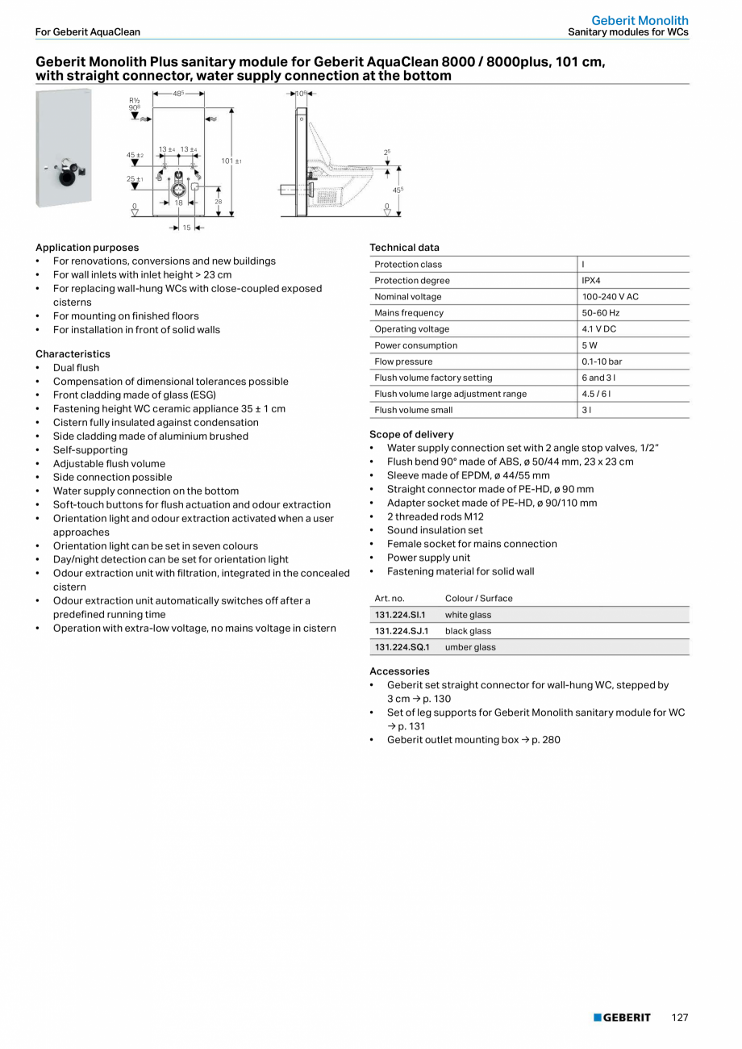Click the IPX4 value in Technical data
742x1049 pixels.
[591, 281]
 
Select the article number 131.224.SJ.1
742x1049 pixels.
[402, 631]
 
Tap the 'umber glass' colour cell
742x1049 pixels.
[470, 647]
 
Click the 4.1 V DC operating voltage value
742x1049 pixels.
[599, 329]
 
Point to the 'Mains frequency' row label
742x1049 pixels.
[409, 313]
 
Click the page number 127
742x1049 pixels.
[680, 1018]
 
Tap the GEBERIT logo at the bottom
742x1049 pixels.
[622, 1018]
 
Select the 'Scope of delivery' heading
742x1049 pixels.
[411, 434]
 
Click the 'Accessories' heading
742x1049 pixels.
[399, 671]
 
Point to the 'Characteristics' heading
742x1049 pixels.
[73, 354]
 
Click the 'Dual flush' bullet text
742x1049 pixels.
[76, 368]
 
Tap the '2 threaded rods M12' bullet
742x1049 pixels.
[435, 516]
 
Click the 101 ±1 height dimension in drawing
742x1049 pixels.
[231, 161]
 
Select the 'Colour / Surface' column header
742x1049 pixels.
[478, 599]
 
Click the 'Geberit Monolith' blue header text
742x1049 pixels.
[640, 20]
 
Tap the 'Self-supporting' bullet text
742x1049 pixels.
[90, 450]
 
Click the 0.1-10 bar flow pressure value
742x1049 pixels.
[602, 362]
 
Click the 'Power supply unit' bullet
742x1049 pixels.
[428, 558]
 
